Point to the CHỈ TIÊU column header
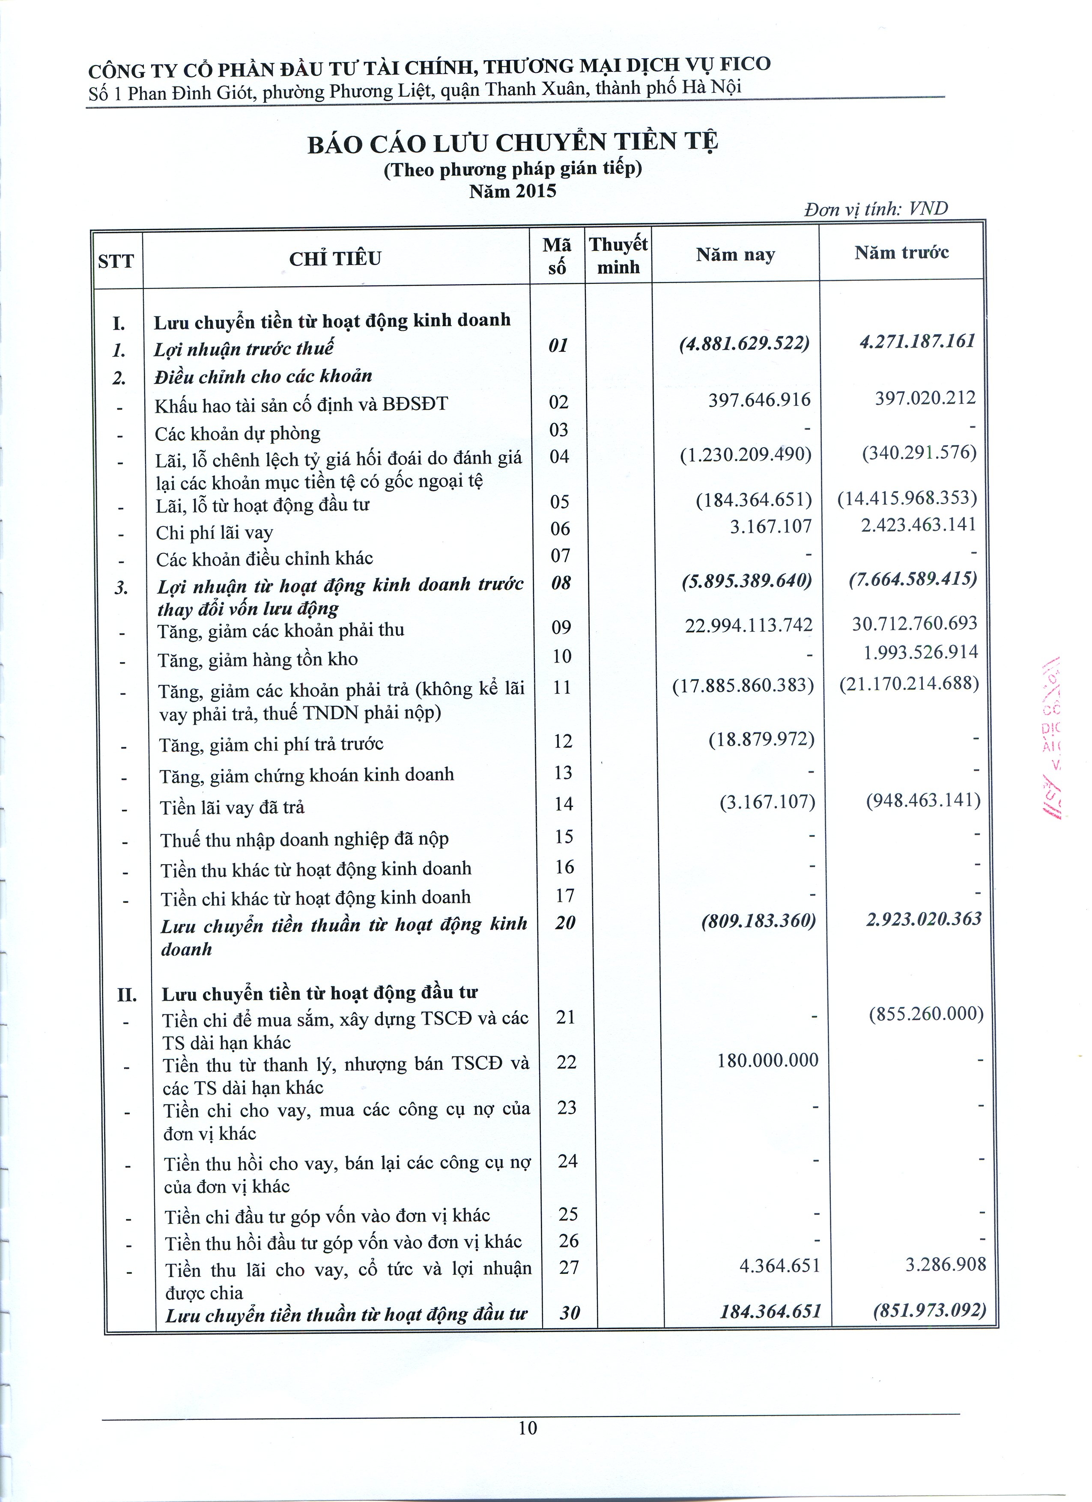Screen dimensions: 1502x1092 pos(335,258)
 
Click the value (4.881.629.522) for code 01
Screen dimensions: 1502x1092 pos(744,345)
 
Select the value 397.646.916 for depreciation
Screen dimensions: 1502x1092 pos(759,400)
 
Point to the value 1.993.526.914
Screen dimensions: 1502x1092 pos(920,652)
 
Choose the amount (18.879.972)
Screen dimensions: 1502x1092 pos(761,740)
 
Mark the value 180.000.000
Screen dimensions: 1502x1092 pos(768,1060)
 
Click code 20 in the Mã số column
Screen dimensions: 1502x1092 pos(565,922)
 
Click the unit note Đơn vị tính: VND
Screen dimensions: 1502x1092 pos(876,209)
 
